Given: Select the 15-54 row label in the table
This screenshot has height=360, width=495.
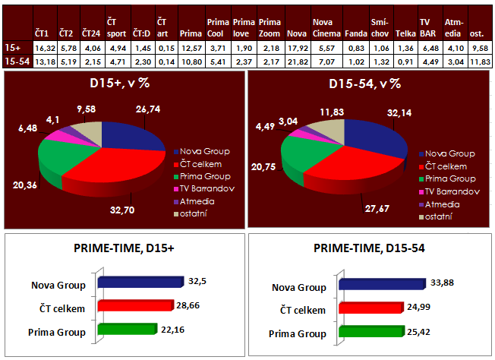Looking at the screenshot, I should click(x=16, y=61).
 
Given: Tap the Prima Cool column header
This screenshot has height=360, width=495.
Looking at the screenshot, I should click(x=218, y=29).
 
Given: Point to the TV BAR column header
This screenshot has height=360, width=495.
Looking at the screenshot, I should click(x=430, y=29).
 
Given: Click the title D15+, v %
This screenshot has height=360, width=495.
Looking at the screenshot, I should click(x=118, y=84).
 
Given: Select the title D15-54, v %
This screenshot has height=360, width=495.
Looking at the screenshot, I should click(x=366, y=84).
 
